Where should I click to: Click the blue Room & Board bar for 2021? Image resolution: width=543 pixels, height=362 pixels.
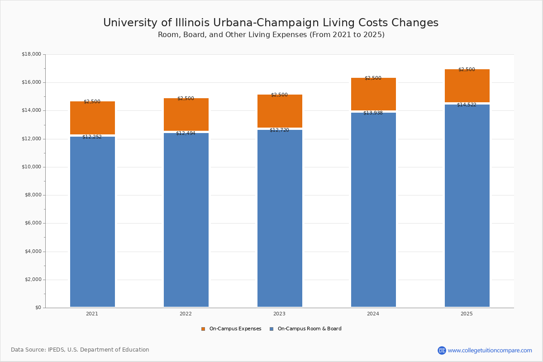[92, 222]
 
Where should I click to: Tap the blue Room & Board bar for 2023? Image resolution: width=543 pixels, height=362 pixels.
[280, 219]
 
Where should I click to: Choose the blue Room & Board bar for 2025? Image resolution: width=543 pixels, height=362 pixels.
[467, 206]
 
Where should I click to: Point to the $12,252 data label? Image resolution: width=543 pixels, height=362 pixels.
[92, 137]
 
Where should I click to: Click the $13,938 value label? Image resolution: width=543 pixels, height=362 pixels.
[373, 113]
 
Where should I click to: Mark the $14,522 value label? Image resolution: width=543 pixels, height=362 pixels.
[467, 105]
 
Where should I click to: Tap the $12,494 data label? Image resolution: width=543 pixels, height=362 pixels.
[186, 133]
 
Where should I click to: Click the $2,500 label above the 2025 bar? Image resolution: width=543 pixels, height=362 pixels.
[467, 69]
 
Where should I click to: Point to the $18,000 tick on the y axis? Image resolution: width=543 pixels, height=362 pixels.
[31, 54]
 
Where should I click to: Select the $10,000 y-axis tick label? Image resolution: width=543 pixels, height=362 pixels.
[31, 167]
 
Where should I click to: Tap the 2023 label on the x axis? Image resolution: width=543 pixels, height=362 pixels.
[279, 314]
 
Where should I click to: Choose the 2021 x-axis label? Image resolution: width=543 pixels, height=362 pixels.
[92, 314]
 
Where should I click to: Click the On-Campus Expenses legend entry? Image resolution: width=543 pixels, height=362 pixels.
[231, 329]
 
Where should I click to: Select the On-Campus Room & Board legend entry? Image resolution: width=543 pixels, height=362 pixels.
[305, 329]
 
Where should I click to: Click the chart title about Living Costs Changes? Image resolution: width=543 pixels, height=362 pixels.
[271, 23]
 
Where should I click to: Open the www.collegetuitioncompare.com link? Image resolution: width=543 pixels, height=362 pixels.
[490, 350]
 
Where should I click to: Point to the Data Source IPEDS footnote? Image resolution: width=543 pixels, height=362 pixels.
[80, 350]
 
